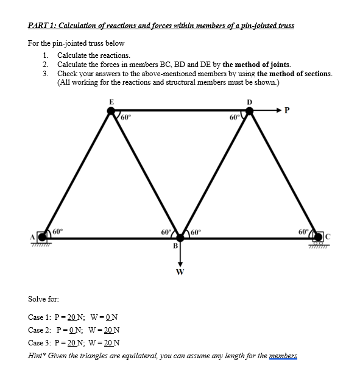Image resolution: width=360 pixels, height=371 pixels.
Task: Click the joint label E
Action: (x=111, y=101)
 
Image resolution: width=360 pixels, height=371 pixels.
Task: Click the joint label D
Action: (x=249, y=101)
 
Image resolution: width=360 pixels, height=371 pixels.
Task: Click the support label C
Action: (x=326, y=236)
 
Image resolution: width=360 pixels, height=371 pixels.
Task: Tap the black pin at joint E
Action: (x=111, y=111)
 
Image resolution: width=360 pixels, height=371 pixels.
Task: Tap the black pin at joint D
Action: (x=249, y=111)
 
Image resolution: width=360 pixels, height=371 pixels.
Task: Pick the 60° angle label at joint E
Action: (x=126, y=117)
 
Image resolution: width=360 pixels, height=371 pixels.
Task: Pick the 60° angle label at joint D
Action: (x=233, y=117)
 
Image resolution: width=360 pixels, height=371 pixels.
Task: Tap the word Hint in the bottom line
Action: (x=37, y=355)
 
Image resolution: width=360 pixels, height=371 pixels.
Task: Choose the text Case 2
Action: (x=40, y=330)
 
